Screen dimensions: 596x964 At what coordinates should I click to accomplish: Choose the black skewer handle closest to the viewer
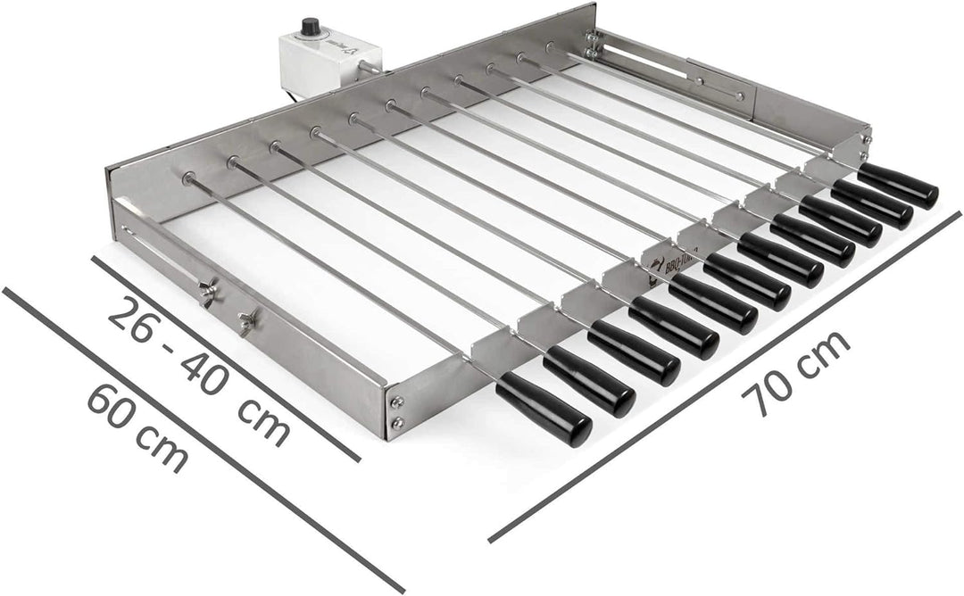point(544,410)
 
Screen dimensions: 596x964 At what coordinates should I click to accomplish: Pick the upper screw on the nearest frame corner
point(396,402)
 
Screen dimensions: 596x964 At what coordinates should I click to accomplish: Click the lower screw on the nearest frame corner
point(396,423)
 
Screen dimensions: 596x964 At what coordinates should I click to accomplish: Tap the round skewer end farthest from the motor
point(188,178)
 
